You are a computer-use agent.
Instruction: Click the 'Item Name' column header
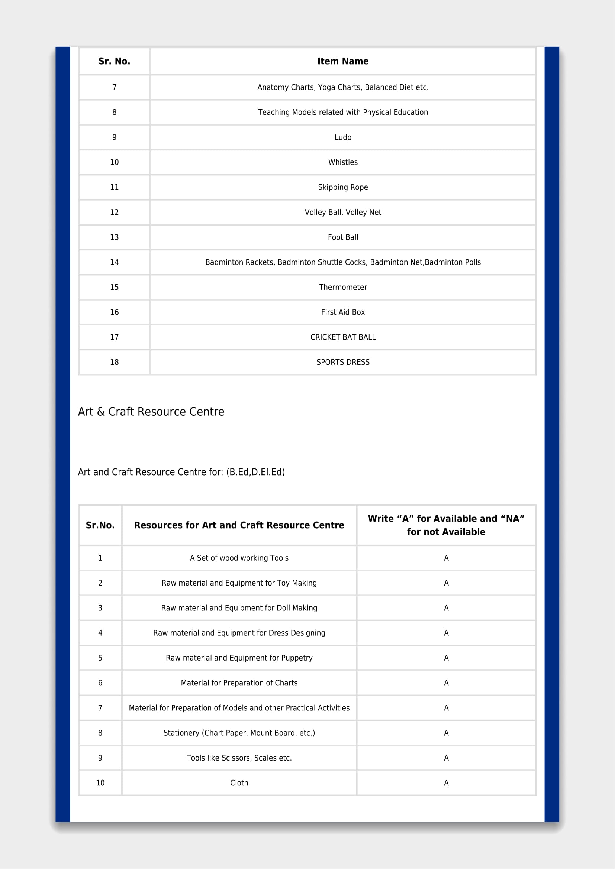pos(343,61)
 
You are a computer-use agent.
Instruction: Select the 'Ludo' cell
pos(343,137)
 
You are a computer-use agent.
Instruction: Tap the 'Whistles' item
pos(343,162)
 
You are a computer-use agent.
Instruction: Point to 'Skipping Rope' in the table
pos(343,187)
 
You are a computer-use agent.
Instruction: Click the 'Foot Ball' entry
pos(343,237)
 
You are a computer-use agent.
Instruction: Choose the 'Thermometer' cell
pos(343,287)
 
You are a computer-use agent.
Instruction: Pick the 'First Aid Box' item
pos(343,312)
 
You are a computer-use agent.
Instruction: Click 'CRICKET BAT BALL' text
pos(343,337)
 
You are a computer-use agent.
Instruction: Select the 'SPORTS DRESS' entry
pos(343,362)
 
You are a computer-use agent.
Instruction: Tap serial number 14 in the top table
pos(115,262)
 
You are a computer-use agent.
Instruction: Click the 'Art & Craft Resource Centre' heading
pos(151,412)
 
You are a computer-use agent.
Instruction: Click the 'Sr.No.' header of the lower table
pos(100,525)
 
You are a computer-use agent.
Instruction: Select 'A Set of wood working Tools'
pos(239,558)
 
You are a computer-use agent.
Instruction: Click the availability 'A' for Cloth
pos(446,783)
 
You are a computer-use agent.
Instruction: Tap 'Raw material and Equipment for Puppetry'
pos(239,658)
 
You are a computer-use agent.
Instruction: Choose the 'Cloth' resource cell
pos(239,783)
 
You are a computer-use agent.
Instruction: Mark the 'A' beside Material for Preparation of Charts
pos(446,683)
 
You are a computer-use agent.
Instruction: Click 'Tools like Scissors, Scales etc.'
pos(239,758)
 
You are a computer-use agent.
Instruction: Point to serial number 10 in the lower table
pos(100,783)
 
